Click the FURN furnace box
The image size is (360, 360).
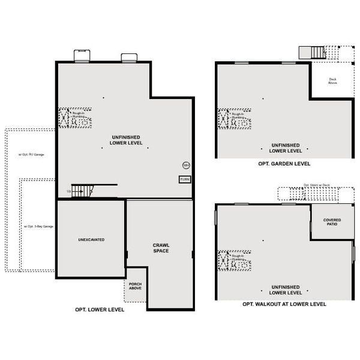(185, 179)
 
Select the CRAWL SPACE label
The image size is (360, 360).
(160, 247)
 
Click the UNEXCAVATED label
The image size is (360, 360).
(91, 239)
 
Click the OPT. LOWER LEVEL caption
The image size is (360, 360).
(100, 310)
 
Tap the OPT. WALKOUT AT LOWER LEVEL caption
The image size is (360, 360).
(284, 304)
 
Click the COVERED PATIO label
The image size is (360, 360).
(332, 222)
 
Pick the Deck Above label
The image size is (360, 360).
(332, 81)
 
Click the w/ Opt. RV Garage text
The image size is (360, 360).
(31, 154)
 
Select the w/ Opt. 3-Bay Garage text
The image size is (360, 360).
(38, 226)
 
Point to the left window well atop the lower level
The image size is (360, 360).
(82, 56)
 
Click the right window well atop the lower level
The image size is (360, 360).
(130, 58)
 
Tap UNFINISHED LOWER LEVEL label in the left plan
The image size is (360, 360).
(126, 140)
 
